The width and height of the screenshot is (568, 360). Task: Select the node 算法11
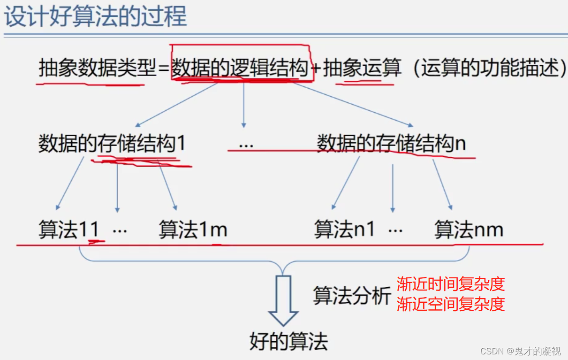(x=69, y=230)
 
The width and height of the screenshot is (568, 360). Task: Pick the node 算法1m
(x=193, y=230)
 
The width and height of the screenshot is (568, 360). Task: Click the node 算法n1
(x=345, y=230)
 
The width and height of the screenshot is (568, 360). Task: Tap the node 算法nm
(x=469, y=230)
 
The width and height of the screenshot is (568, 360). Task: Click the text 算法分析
(x=352, y=296)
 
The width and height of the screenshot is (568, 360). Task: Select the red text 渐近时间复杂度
(x=451, y=284)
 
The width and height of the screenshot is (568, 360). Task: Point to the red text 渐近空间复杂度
(x=451, y=304)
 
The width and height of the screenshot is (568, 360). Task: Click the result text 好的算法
(x=288, y=341)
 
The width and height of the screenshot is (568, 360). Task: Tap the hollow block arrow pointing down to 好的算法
(x=283, y=300)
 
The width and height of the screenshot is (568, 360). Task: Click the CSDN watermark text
(x=521, y=351)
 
